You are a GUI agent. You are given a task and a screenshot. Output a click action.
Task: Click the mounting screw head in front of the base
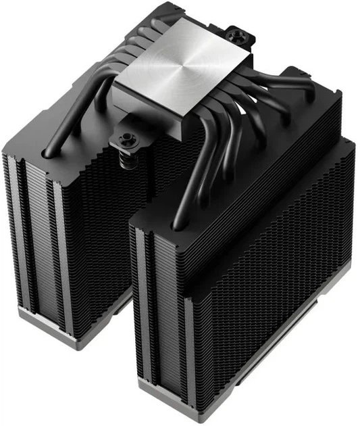pyautogui.click(x=126, y=140)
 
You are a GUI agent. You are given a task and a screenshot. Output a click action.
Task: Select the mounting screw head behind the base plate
pyautogui.click(x=237, y=33)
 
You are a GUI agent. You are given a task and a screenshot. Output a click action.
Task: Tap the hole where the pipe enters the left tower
pyautogui.click(x=48, y=154)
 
